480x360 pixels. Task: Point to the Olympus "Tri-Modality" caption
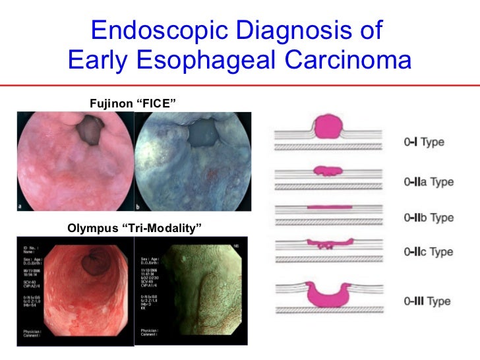134,228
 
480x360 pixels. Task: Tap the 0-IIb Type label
429,217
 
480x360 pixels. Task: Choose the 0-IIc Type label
428,252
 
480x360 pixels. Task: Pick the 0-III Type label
428,301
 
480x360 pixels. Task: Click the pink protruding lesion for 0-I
334,127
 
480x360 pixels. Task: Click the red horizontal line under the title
240,85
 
